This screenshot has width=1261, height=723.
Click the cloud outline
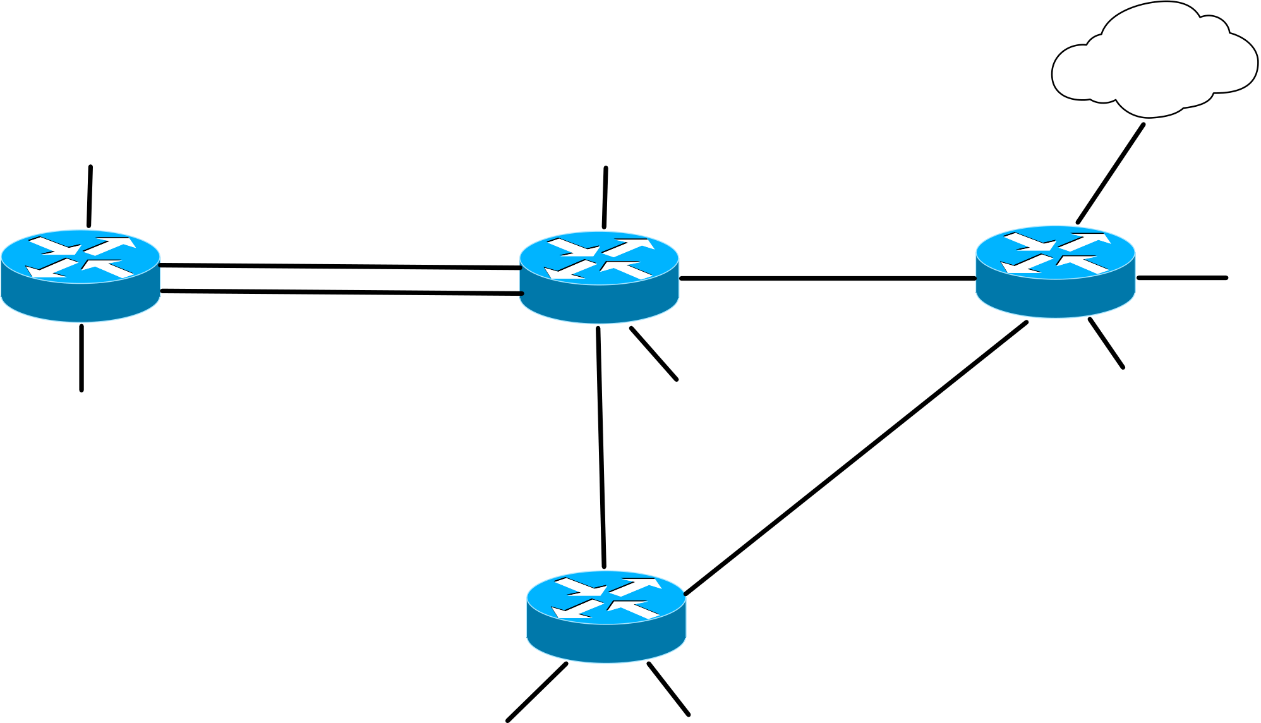pos(1155,60)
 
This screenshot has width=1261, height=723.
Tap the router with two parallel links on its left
pos(599,278)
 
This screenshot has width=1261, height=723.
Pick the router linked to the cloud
pos(1055,272)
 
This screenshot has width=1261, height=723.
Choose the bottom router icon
pos(606,617)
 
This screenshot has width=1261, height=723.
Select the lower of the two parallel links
pos(341,292)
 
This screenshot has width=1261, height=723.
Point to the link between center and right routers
pos(828,278)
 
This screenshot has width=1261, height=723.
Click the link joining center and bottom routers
pos(601,447)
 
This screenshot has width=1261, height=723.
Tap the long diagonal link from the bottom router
pos(856,458)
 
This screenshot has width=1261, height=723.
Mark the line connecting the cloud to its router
pos(1111,174)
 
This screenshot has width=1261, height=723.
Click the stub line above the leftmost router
pos(90,197)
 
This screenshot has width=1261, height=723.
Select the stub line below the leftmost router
pos(81,358)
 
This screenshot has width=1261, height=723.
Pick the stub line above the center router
pos(605,198)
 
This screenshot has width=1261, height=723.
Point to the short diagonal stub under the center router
pos(654,354)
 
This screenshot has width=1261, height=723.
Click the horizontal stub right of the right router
pos(1181,278)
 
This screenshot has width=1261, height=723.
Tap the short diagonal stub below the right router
pos(1106,343)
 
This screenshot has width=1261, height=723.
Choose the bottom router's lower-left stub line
pos(537,692)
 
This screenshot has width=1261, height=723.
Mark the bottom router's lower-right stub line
pos(668,689)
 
